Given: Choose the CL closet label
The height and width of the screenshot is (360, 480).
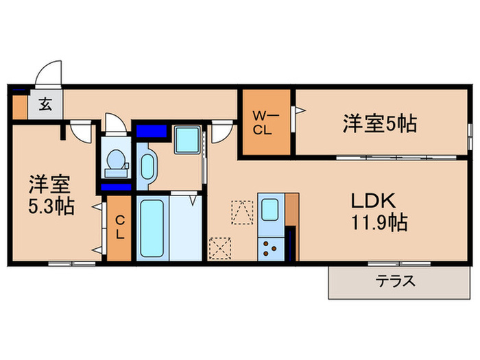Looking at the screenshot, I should click(119, 228).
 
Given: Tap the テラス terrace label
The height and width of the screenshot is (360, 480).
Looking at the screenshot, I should click(396, 281).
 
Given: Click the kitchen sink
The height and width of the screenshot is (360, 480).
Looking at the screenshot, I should click(268, 208).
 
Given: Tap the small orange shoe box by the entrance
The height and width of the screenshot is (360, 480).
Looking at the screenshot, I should click(19, 106).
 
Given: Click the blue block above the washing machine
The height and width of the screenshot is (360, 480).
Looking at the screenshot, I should click(152, 130).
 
